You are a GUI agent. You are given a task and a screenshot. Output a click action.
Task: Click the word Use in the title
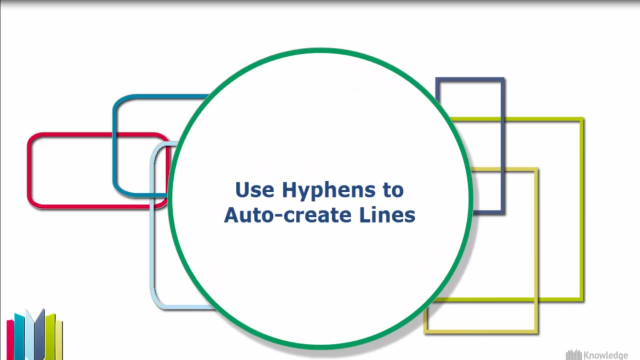(250, 188)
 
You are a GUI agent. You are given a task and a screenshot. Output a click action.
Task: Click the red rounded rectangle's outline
(31, 170)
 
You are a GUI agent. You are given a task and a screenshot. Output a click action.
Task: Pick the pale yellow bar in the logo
(59, 340)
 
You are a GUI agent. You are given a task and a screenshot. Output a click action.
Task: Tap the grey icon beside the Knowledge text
(575, 352)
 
